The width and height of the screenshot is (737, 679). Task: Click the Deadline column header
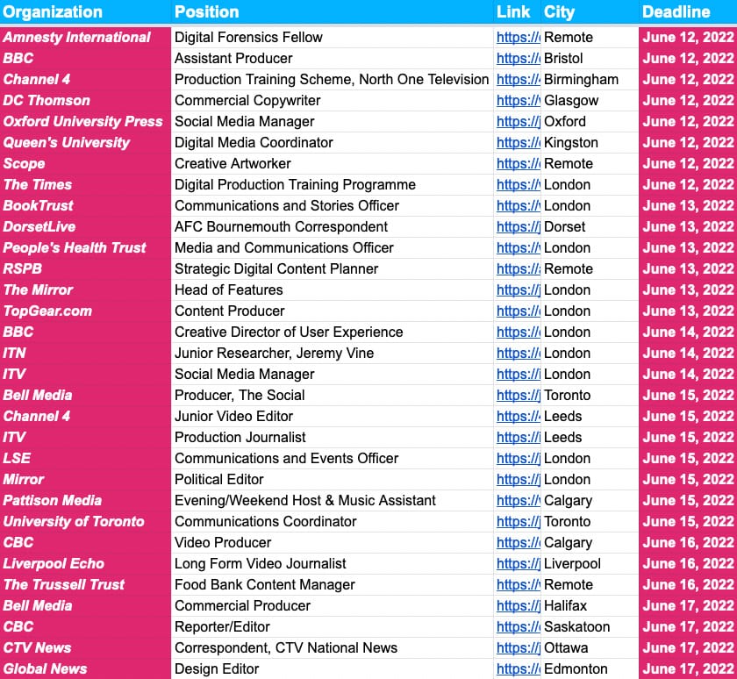pos(676,12)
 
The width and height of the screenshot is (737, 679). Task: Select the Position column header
pos(206,12)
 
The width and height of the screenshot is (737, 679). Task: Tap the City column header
pos(559,12)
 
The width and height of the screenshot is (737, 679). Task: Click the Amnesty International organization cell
pos(77,37)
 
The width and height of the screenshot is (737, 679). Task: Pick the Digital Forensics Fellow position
pos(248,37)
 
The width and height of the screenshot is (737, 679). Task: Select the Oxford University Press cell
pos(82,121)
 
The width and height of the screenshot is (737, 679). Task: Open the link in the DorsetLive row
pos(518,226)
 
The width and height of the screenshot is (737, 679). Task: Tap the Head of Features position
pos(228,289)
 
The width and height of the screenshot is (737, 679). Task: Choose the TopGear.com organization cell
pos(47,311)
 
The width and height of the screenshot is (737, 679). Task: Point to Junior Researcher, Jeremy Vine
pos(274,353)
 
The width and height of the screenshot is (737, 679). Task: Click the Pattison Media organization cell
pos(53,500)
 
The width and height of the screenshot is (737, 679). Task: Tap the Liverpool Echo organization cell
pos(54,563)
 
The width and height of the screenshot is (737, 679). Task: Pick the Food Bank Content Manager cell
pos(264,584)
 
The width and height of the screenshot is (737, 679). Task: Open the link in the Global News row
pos(518,668)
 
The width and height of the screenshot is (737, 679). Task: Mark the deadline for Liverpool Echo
pos(688,563)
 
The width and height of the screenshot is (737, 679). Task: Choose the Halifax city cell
pos(565,605)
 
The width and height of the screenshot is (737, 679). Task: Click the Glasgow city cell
pos(570,100)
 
